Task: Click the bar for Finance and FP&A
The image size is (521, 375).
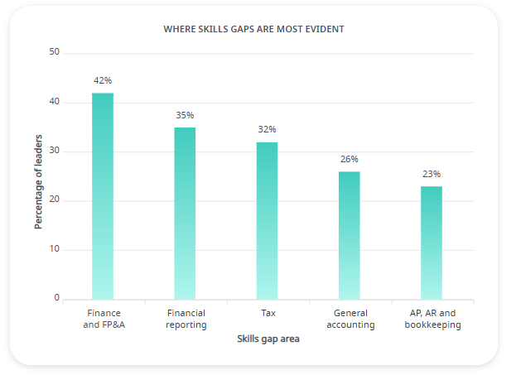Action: [x=103, y=196]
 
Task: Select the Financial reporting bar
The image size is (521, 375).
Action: [x=185, y=214]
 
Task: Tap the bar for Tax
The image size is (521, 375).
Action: [x=267, y=221]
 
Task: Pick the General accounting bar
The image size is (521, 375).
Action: [x=350, y=236]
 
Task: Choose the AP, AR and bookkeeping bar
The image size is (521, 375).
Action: [x=432, y=243]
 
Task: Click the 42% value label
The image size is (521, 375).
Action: [x=103, y=81]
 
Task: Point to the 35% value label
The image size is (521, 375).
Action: [x=185, y=115]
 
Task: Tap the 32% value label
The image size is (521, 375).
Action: [x=267, y=130]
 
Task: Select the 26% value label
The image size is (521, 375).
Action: [x=350, y=159]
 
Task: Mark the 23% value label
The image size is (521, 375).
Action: [x=432, y=174]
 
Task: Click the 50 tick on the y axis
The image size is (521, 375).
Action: [x=55, y=52]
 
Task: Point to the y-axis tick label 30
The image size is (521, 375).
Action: [x=55, y=151]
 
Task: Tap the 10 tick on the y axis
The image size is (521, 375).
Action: [x=55, y=249]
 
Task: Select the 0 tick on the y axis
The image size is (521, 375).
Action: [x=57, y=298]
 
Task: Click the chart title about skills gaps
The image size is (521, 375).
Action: [x=253, y=29]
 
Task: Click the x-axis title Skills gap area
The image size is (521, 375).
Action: [x=268, y=339]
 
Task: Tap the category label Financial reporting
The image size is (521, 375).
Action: [x=186, y=319]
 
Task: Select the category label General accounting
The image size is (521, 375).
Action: [x=350, y=319]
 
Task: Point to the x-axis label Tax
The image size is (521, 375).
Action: [x=268, y=313]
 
